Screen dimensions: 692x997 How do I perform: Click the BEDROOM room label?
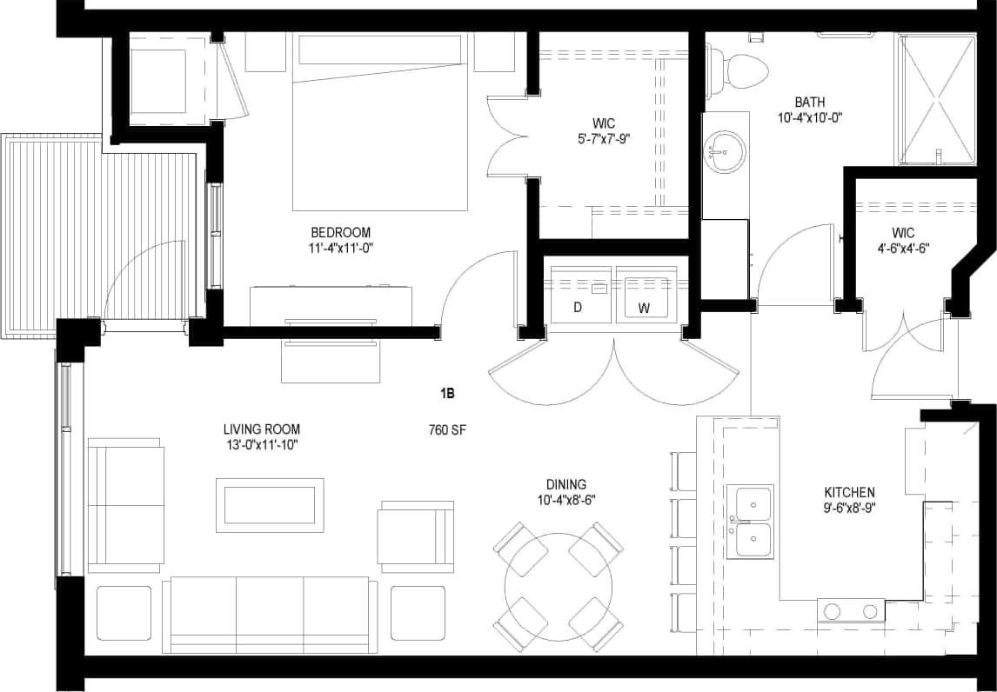pyautogui.click(x=340, y=233)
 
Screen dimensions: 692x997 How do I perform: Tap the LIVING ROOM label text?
pyautogui.click(x=261, y=429)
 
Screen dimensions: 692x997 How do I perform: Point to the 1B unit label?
pyautogui.click(x=447, y=394)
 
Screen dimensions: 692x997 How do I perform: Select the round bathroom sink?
pyautogui.click(x=723, y=153)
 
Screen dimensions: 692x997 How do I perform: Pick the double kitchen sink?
pyautogui.click(x=753, y=521)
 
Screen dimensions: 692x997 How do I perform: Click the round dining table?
pyautogui.click(x=558, y=586)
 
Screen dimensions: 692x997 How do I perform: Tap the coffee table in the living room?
pyautogui.click(x=270, y=505)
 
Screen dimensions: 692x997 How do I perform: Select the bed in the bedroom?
pyautogui.click(x=380, y=122)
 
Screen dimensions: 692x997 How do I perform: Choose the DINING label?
pyautogui.click(x=565, y=484)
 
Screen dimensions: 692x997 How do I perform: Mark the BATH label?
pyautogui.click(x=809, y=102)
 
